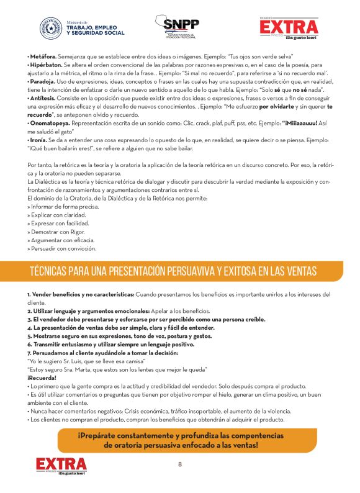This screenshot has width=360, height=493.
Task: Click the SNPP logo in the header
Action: (x=181, y=26)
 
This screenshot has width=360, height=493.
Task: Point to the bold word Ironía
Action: (x=40, y=140)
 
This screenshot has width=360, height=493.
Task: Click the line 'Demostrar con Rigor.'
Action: (x=55, y=232)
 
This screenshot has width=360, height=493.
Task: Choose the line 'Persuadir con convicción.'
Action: (x=62, y=248)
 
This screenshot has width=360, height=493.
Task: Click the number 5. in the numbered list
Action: (x=30, y=335)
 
